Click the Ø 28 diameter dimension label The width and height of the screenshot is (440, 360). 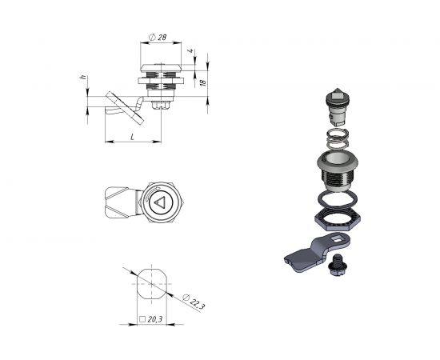[x=158, y=38]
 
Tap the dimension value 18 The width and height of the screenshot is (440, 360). [x=203, y=82]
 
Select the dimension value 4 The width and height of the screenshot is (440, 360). [x=191, y=50]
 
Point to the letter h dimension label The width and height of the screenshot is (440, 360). [x=83, y=77]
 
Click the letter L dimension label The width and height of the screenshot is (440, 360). [x=133, y=137]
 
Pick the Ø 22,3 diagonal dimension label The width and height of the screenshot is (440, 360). [x=194, y=302]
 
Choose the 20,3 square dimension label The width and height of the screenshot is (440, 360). [x=151, y=319]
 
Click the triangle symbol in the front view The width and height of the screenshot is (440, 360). [x=160, y=202]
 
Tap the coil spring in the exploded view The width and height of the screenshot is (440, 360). [x=338, y=138]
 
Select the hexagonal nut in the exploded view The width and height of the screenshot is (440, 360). [x=338, y=220]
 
